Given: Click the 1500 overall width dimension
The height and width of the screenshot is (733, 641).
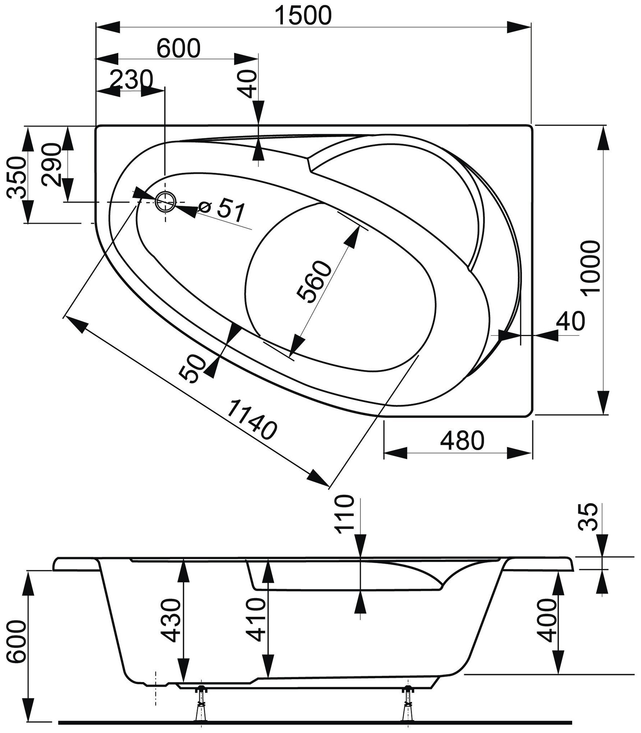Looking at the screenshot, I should pyautogui.click(x=304, y=16).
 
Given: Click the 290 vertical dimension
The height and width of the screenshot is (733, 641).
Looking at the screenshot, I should pyautogui.click(x=51, y=165).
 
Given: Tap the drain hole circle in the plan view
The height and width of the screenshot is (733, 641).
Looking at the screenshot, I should pyautogui.click(x=166, y=201).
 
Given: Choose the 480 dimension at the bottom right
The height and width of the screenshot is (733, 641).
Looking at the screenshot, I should pyautogui.click(x=462, y=441).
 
